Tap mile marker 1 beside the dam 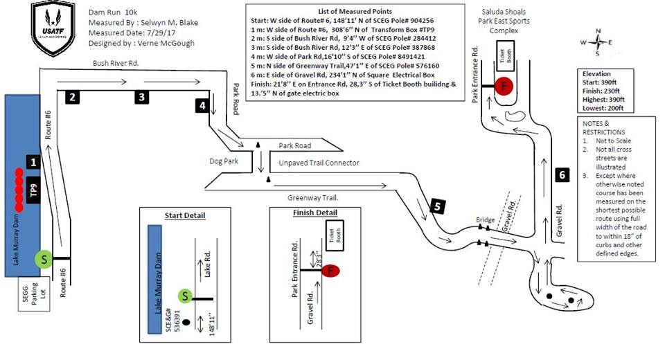[x=33, y=161]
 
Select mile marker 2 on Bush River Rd [x=73, y=97]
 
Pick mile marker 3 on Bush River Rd [x=141, y=97]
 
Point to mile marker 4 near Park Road [x=202, y=106]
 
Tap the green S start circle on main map [x=43, y=259]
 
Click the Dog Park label [x=224, y=161]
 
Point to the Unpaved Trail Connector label [x=319, y=163]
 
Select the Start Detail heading [x=185, y=215]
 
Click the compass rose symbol [x=600, y=42]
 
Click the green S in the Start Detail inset [x=186, y=296]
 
